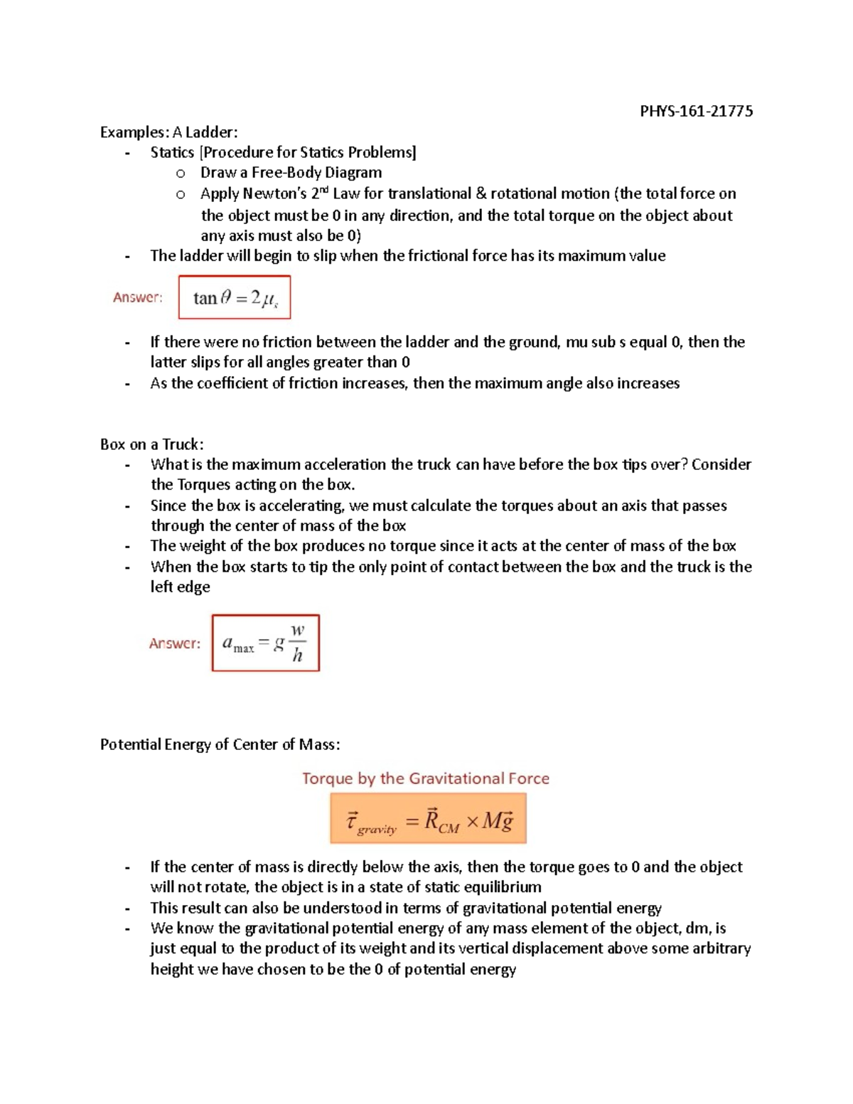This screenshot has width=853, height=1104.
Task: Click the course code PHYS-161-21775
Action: (x=696, y=111)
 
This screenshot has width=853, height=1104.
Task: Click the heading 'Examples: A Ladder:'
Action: (x=168, y=132)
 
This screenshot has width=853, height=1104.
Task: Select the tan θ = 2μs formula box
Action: (x=235, y=297)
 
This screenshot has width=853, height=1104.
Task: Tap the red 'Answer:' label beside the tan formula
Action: (x=138, y=297)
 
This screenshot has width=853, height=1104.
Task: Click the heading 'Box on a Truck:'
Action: (x=151, y=444)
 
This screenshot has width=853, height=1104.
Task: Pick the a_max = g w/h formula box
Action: (x=266, y=643)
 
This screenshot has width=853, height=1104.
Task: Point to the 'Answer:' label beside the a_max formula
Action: (x=175, y=643)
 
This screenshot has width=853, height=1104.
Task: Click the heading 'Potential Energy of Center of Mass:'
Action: (x=220, y=744)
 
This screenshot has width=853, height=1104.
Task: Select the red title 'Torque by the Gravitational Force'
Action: (x=426, y=778)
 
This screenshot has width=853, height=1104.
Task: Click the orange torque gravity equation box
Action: (x=428, y=819)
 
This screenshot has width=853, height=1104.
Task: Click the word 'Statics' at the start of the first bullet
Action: (x=172, y=153)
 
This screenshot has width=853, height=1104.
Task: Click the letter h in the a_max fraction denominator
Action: (x=297, y=656)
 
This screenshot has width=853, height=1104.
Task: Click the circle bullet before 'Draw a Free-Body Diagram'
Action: (x=181, y=173)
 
